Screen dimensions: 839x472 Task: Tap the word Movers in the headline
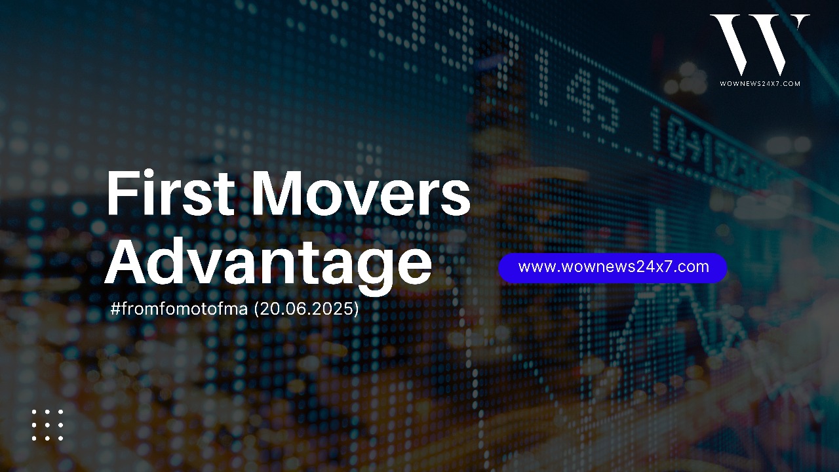tap(361, 193)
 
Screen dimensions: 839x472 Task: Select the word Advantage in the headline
tap(268, 262)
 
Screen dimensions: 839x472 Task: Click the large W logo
tap(760, 45)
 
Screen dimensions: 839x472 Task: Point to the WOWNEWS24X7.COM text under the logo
tap(760, 83)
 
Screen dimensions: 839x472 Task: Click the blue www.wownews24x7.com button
tap(613, 267)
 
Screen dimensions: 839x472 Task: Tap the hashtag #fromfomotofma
tap(179, 309)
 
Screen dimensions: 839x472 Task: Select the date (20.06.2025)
tap(306, 309)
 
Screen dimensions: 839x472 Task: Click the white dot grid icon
tap(48, 425)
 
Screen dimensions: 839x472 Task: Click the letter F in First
tap(121, 193)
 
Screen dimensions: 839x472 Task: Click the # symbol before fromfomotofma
tap(115, 309)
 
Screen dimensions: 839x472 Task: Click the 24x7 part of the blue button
tap(654, 267)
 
